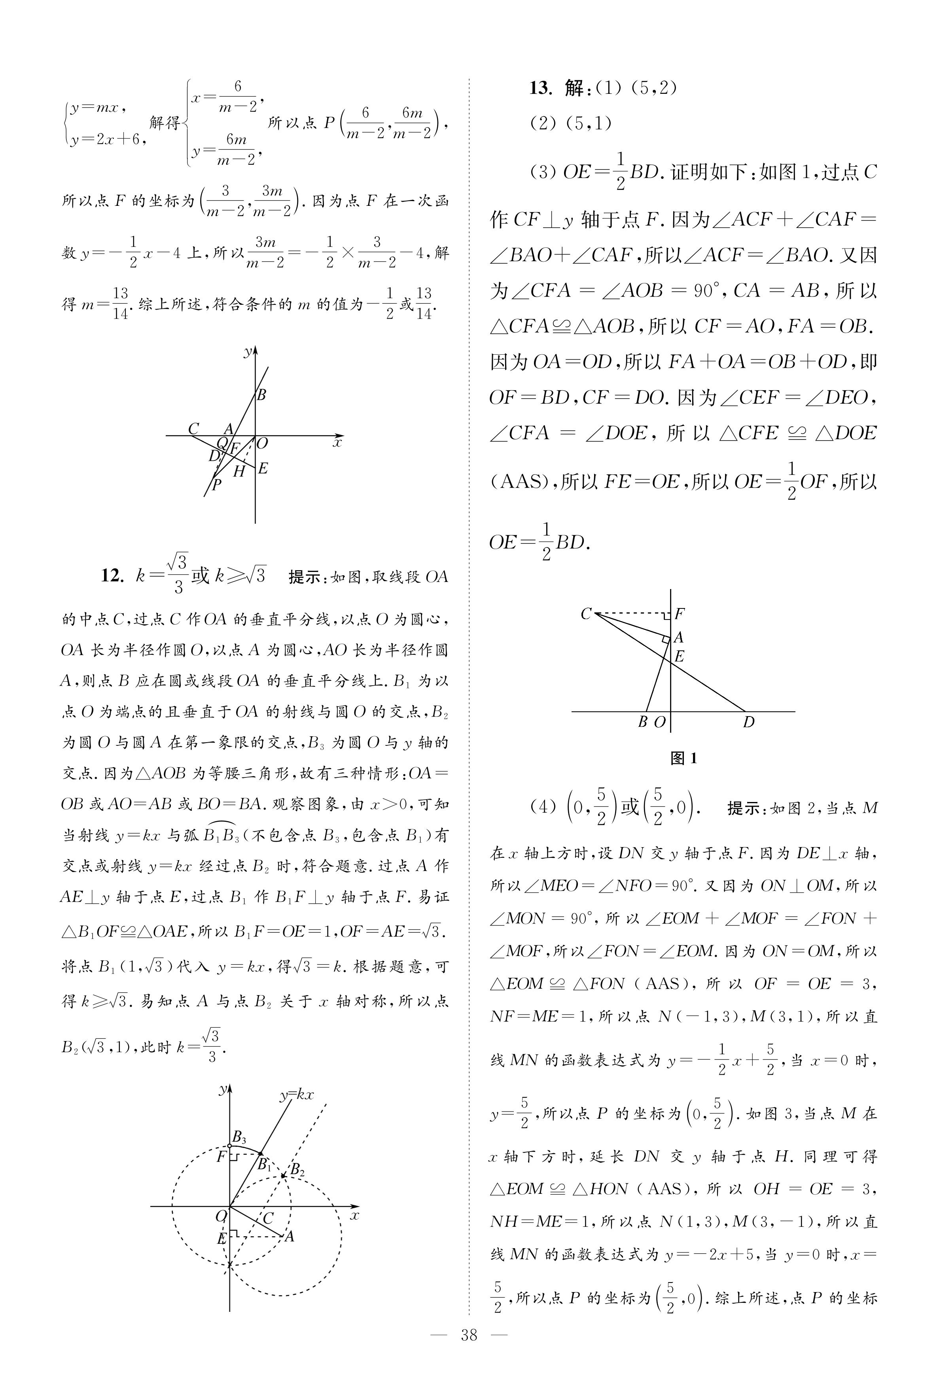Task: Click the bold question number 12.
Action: click(x=112, y=576)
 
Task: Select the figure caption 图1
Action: click(x=683, y=758)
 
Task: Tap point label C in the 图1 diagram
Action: click(x=586, y=614)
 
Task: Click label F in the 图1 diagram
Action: click(x=680, y=614)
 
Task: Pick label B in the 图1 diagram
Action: click(x=643, y=722)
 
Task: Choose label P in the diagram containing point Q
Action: click(x=217, y=484)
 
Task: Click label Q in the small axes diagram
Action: click(x=221, y=443)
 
